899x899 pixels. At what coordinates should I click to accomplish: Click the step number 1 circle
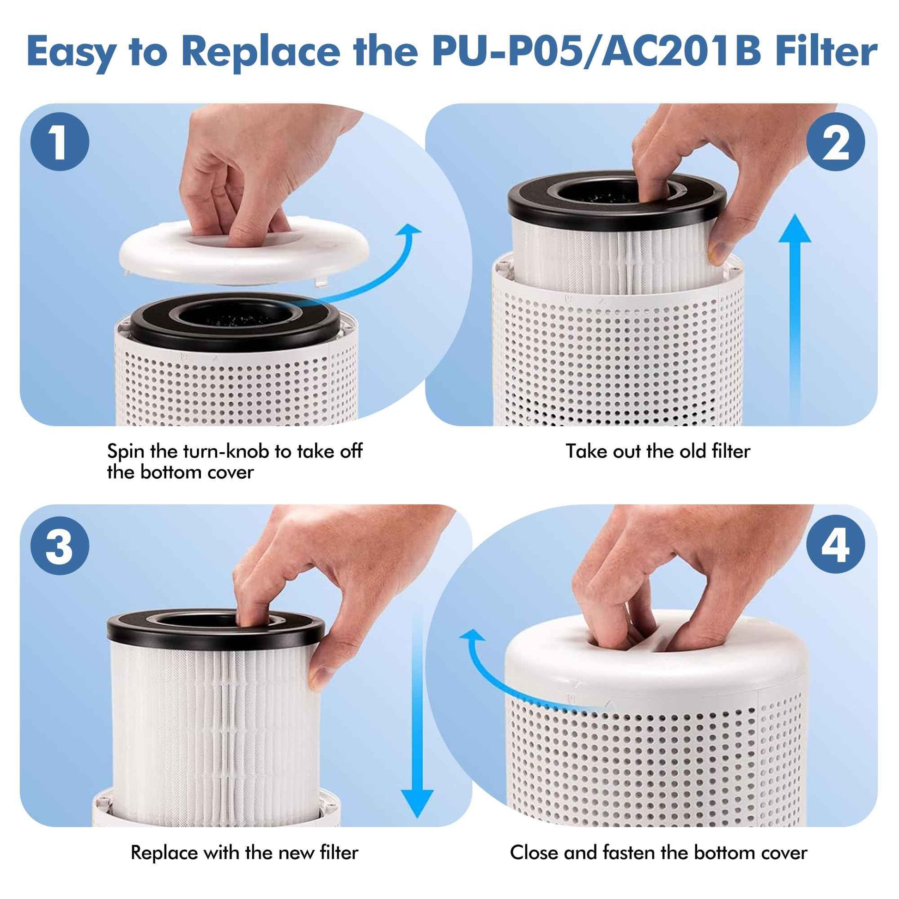point(60,142)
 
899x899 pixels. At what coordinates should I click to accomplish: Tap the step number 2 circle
point(836,142)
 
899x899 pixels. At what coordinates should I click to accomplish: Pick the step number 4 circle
point(836,544)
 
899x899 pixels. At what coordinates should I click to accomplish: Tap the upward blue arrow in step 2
point(795,316)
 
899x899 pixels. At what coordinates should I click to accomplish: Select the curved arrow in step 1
point(372,274)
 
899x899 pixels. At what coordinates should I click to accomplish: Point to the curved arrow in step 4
point(503,675)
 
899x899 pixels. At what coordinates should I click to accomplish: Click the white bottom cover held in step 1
point(242,256)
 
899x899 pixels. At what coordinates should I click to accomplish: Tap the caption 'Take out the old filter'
point(657,451)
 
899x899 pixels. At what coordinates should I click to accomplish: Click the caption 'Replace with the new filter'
point(244,852)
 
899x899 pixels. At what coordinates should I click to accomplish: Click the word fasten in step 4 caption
point(629,852)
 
